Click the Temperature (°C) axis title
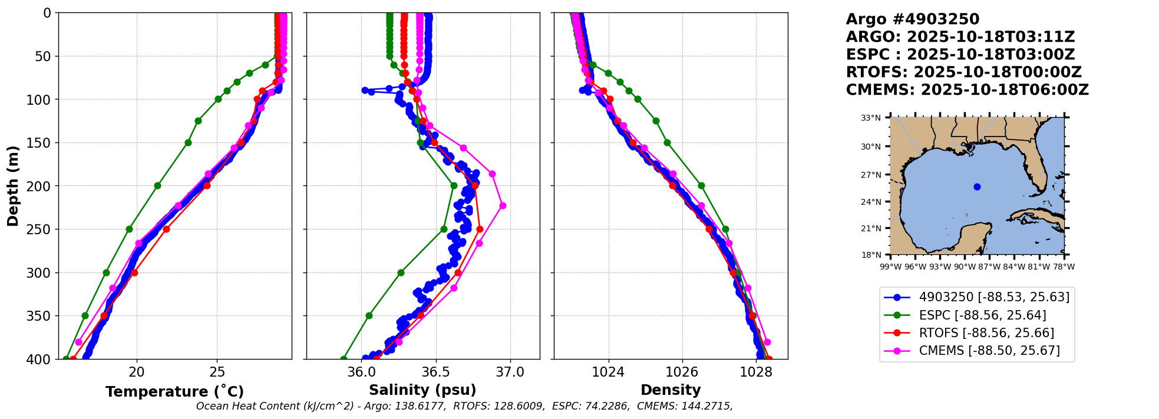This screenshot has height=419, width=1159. [174, 391]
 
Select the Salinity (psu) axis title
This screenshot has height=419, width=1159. [422, 390]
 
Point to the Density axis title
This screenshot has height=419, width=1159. [671, 390]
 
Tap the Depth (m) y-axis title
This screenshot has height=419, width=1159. [13, 186]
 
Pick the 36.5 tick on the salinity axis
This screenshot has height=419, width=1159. [436, 372]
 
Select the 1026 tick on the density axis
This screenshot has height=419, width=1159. [682, 372]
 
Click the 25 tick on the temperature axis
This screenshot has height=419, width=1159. [217, 372]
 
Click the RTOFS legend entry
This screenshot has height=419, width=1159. [969, 333]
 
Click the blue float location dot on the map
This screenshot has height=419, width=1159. [977, 187]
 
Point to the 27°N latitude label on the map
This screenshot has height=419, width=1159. [871, 175]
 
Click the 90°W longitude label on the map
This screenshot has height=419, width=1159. [965, 267]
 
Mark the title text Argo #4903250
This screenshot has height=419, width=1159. [913, 19]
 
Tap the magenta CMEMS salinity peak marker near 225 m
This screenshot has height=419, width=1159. [503, 205]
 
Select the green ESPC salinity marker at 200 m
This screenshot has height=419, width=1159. [454, 185]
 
